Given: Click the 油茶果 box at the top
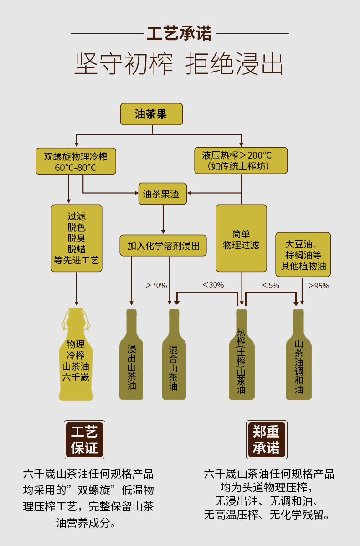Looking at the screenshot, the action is pos(151,114).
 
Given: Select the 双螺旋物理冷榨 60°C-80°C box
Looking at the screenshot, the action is pos(76,161).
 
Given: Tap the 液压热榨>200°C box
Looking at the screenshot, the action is pos(241,160).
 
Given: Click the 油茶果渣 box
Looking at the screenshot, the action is pos(163,194).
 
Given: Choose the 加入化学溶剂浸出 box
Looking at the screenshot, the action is pos(163,246).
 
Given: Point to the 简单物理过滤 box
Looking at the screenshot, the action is pos(241,238).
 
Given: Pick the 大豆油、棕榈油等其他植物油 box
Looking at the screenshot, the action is pos(303,255).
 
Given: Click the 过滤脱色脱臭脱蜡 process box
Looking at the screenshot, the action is pos(77,238).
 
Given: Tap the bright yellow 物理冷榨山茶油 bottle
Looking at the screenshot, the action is pos(76,354).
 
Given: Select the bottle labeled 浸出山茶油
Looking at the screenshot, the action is pos(131,354).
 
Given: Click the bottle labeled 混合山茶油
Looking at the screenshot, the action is pos(174,354).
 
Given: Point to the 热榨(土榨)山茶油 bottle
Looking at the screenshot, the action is pos(242,354).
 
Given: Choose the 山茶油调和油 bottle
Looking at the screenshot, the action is pos(299,354).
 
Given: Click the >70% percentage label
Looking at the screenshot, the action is pos(156,286).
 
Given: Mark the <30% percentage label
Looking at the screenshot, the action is pos(213,285).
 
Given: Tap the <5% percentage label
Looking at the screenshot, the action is pos(271,285).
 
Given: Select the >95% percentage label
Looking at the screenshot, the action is pos(318,286).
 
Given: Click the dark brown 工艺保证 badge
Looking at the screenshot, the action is pos(85,439).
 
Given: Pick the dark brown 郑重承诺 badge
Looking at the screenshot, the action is pos(267,439).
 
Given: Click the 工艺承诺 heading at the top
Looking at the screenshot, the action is pos(180,33).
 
